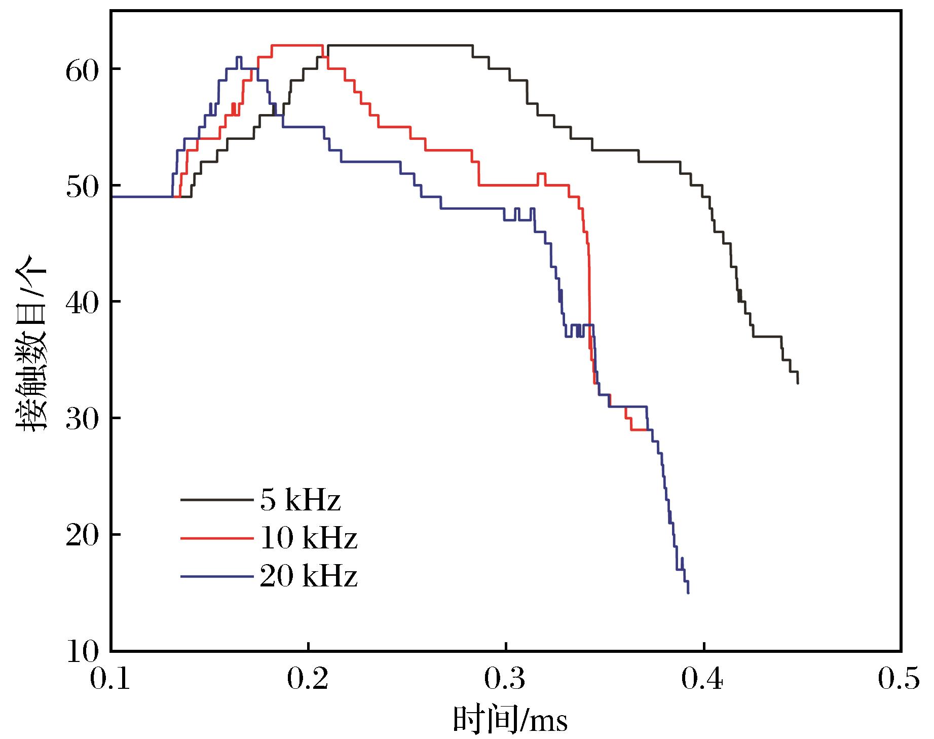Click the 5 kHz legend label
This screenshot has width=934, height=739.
300,500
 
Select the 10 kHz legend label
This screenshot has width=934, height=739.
308,538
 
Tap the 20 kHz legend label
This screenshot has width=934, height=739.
308,576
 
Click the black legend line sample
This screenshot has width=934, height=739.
216,500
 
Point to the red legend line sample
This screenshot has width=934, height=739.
216,538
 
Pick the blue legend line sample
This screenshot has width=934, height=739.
216,576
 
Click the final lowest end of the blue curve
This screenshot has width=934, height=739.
688,593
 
